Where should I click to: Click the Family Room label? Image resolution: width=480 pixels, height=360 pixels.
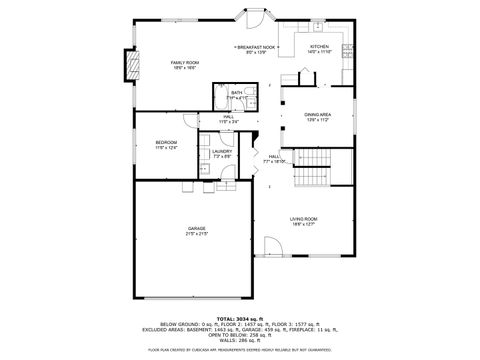pos(185,62)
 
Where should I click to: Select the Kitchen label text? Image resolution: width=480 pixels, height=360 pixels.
pos(319,46)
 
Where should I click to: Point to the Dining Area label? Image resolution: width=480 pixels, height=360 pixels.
pos(318,115)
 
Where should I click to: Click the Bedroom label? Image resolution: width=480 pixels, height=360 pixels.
pos(166,143)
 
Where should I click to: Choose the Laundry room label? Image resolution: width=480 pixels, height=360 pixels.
pos(222,151)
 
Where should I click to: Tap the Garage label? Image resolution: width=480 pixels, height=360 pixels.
pos(196,228)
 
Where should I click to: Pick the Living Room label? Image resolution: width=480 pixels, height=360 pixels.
pos(304,219)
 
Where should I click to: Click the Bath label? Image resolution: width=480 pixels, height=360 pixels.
pos(236,92)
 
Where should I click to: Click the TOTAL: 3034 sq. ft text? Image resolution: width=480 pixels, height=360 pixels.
pos(240,318)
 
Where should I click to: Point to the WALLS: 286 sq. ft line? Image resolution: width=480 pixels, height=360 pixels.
pos(240,341)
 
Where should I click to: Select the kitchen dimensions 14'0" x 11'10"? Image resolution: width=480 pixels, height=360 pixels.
pos(319,51)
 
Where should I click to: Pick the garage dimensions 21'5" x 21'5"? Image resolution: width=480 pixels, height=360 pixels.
pos(196,234)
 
